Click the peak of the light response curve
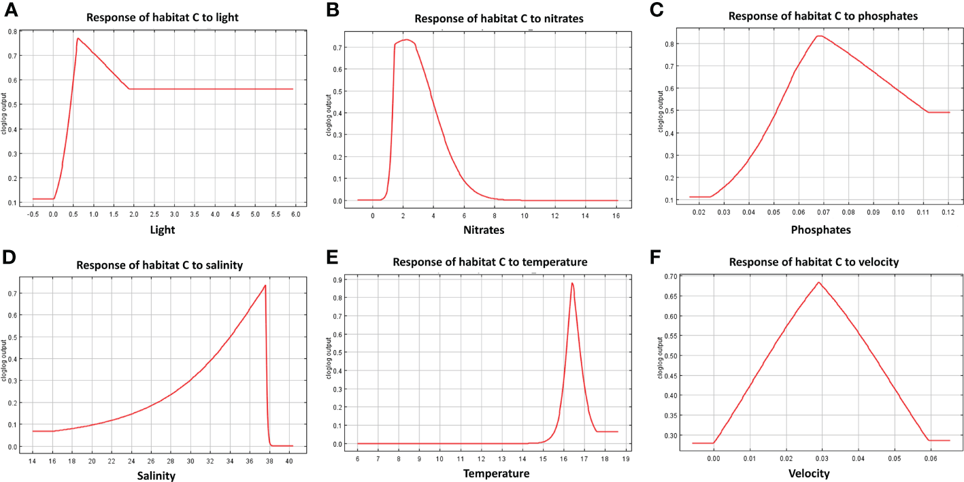click(78, 39)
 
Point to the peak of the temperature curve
click(572, 283)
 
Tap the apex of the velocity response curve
click(819, 282)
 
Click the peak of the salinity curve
click(265, 286)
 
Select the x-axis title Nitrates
click(484, 230)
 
